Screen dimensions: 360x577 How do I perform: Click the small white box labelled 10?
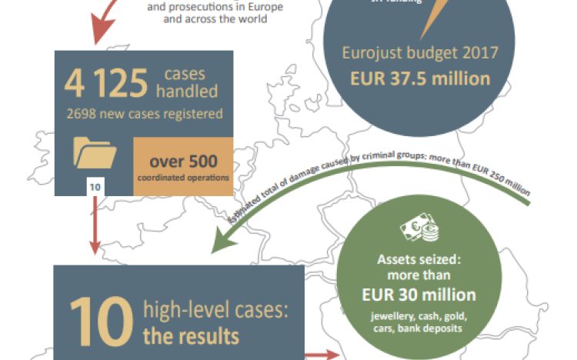[95, 186]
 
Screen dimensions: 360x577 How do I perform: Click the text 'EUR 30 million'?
[419, 295]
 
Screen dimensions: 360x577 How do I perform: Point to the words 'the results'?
[190, 336]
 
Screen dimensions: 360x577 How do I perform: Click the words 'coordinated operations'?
[182, 177]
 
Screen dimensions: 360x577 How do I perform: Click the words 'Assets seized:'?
[419, 259]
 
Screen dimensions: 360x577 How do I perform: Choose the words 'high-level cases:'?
[214, 311]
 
